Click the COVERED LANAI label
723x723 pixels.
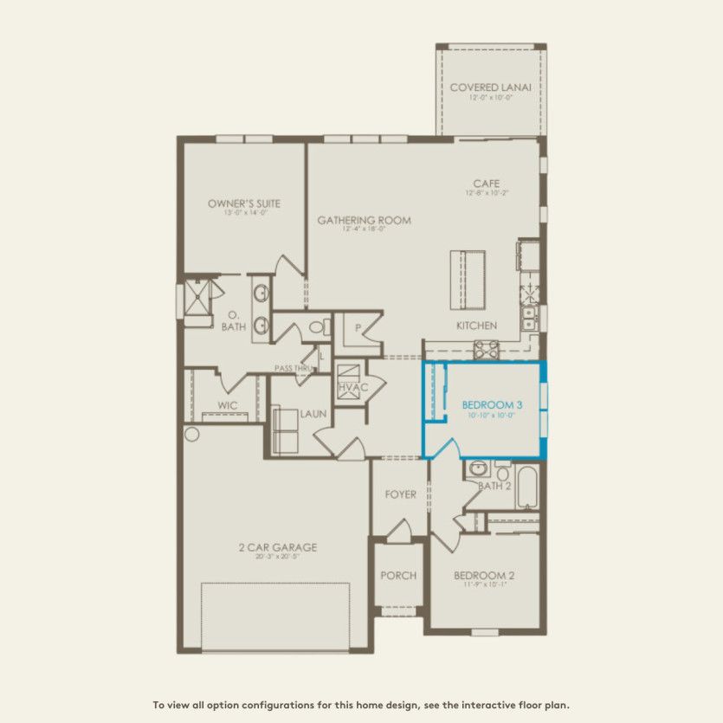point(490,87)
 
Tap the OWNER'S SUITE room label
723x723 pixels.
point(243,203)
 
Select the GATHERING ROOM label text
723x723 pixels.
point(364,220)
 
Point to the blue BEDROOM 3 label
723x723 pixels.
point(492,404)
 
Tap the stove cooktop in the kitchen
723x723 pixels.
point(486,350)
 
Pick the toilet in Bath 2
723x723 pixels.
point(503,470)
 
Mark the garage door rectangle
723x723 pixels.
point(275,616)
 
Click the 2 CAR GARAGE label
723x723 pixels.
point(278,547)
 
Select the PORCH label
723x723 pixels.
point(398,575)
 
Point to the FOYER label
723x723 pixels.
point(400,494)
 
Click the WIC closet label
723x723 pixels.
point(228,404)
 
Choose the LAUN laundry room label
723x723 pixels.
point(313,414)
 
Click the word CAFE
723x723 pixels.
point(485,184)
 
